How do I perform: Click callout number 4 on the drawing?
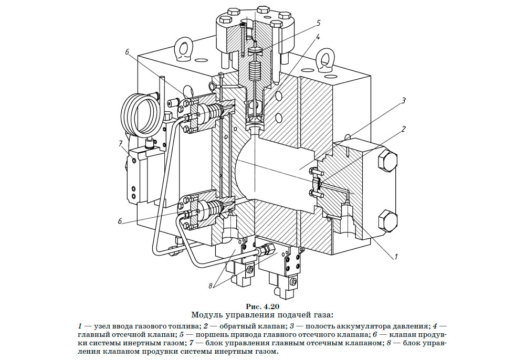(318, 37)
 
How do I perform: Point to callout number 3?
(404, 101)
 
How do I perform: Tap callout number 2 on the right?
(403, 129)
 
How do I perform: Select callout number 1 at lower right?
(395, 257)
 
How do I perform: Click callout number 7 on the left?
(121, 144)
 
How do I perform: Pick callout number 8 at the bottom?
(211, 286)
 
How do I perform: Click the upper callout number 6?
(127, 52)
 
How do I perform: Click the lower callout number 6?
(120, 221)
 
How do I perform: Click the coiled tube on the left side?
(138, 114)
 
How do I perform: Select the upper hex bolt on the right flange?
(387, 160)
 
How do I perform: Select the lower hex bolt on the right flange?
(387, 221)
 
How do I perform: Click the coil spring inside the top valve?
(256, 71)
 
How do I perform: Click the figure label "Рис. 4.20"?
(262, 306)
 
